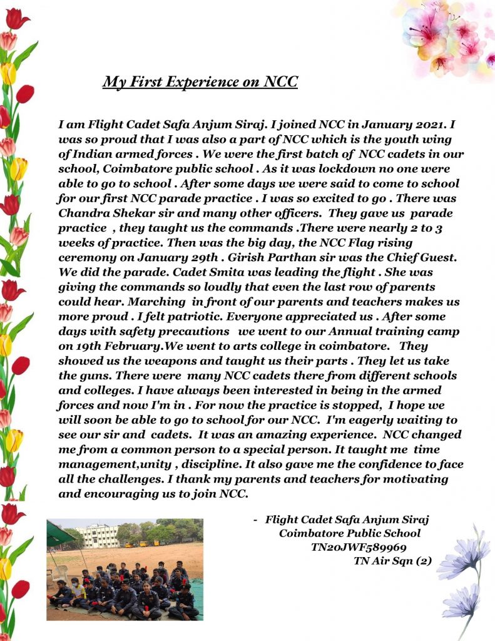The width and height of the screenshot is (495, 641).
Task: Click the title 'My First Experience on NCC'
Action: [200, 82]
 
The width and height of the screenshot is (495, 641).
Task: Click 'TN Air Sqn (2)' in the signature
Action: [392, 561]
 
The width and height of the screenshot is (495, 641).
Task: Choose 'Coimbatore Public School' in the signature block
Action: [350, 533]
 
